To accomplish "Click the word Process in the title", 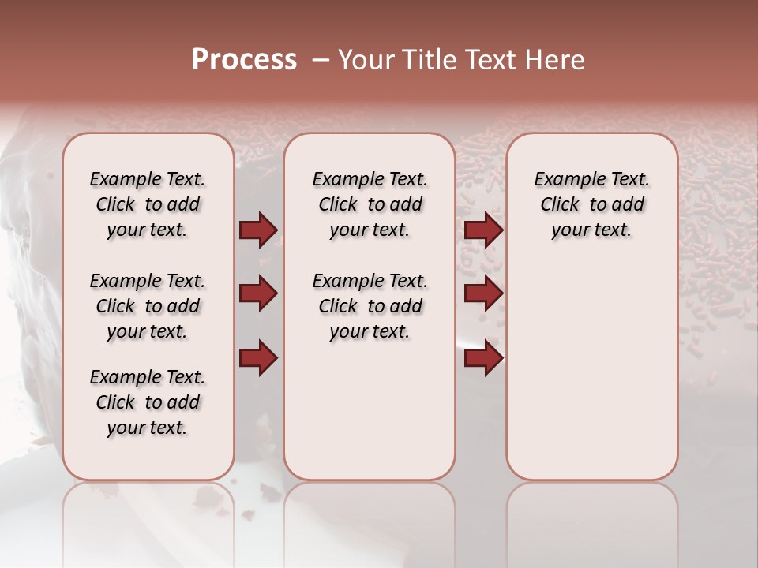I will pos(244,60).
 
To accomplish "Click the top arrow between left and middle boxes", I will pos(258,230).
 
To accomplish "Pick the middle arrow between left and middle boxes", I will pos(258,294).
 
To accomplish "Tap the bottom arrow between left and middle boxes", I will pos(258,358).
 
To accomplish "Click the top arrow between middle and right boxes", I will pos(483,230).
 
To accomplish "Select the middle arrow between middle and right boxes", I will pos(483,294).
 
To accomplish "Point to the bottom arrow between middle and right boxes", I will pos(483,358).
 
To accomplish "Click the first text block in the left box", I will pos(148,204).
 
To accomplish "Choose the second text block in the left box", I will pos(148,306).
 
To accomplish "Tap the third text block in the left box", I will pos(148,402).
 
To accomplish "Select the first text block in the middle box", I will pos(370,204).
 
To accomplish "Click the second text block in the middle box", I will pos(370,306).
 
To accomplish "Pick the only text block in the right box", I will pos(591,204).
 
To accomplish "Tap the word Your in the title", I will pos(362,60).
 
